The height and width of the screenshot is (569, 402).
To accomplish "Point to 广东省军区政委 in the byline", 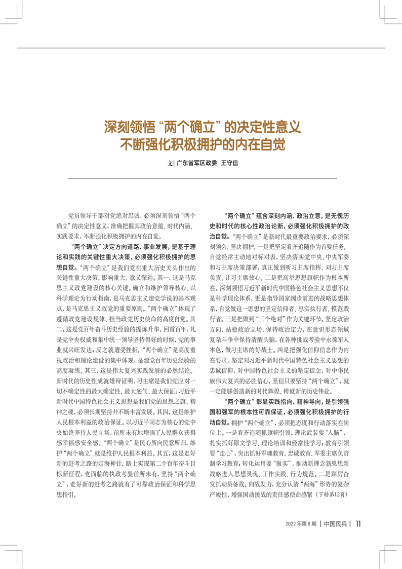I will (x=196, y=164).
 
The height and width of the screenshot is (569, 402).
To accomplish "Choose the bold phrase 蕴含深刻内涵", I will (x=276, y=216).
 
